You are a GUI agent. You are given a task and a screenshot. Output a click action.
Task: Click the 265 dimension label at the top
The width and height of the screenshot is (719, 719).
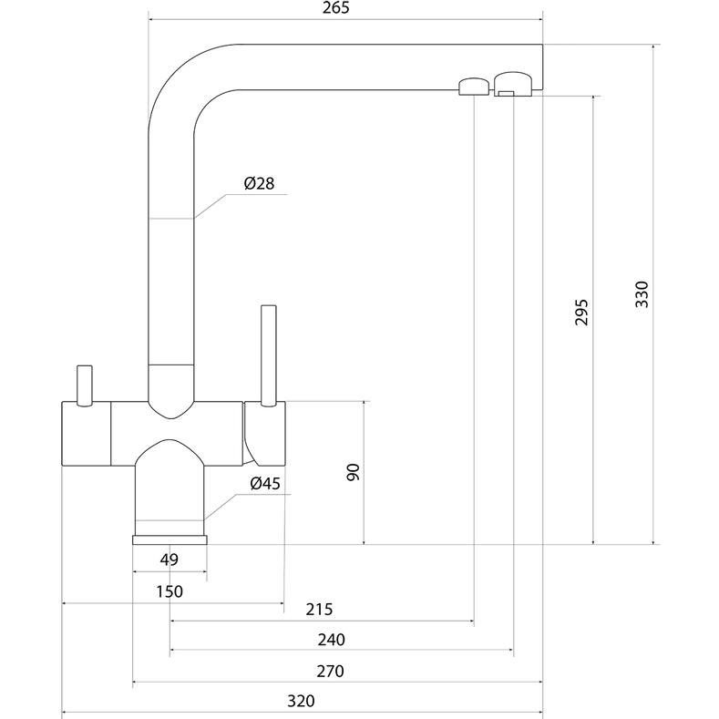coord(334,8)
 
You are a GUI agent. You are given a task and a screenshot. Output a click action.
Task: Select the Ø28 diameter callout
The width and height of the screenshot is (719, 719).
coord(259,184)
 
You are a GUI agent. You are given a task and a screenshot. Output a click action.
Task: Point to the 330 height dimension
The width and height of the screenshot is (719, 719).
coord(642,293)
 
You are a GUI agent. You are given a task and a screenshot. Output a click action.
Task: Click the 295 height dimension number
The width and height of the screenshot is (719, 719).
coord(582,312)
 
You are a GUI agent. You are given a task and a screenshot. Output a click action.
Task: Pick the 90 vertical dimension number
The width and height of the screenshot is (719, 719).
coord(354,471)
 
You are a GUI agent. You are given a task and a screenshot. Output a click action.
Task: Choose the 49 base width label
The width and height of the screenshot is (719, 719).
coord(169,560)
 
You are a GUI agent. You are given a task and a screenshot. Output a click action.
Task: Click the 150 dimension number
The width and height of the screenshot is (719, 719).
coord(169,591)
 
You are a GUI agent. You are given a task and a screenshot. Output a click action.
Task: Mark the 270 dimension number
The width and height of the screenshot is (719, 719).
coord(330,672)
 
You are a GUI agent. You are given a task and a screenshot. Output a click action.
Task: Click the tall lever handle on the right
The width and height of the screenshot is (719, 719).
coord(268,355)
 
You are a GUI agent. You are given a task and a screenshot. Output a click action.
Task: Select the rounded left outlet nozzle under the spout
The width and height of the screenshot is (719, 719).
coord(471,87)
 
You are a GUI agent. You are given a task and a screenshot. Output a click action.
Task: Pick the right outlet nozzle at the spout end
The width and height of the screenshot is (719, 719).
coord(514,84)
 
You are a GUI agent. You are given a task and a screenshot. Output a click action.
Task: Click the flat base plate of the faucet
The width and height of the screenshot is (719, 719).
coord(169,539)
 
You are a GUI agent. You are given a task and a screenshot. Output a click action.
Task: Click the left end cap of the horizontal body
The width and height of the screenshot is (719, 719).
coord(86,435)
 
